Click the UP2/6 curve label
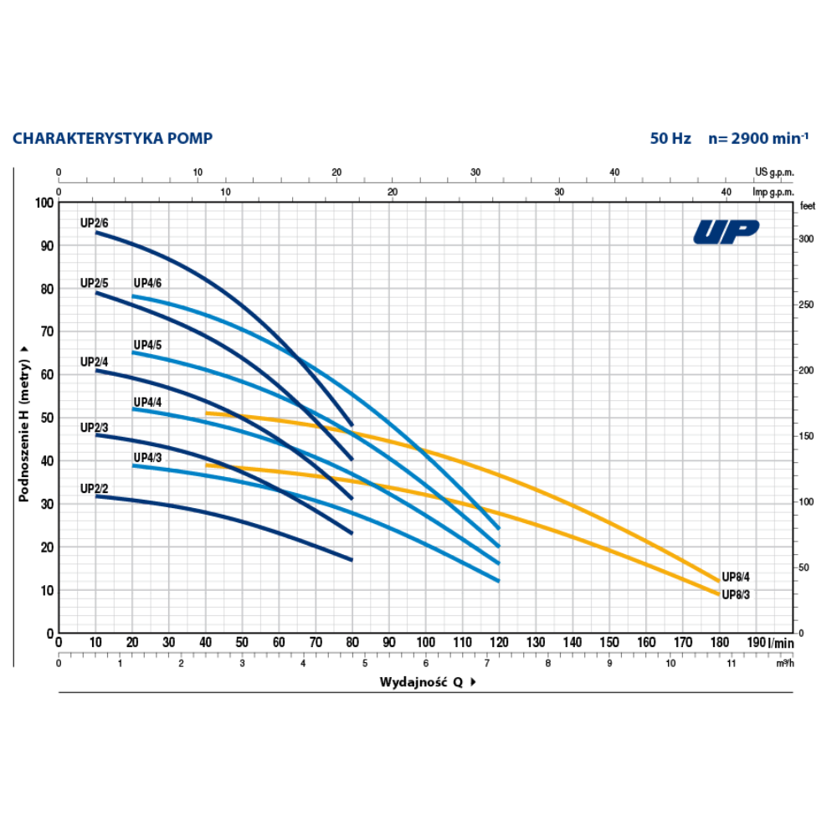95,223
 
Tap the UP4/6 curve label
147,283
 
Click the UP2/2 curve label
95,488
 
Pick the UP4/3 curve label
147,457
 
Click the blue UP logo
726,231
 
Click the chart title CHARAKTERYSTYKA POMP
112,138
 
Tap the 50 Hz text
670,138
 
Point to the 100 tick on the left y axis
43,203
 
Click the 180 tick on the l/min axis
719,643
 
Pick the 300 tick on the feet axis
805,239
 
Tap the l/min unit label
781,643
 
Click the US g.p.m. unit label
773,172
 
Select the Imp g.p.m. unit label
772,192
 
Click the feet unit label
807,205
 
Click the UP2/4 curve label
95,362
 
